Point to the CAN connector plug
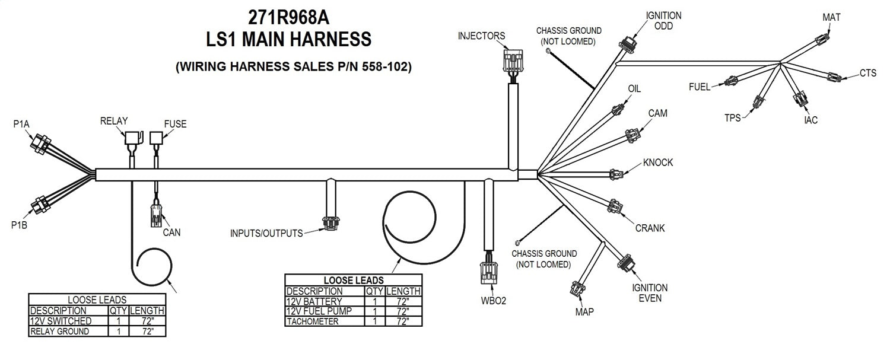[x=155, y=216]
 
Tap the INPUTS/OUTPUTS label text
[x=266, y=233]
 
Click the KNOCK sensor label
[x=658, y=163]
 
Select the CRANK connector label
[x=650, y=228]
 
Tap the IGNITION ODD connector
[x=628, y=44]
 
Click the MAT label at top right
[x=831, y=17]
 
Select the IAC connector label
[x=810, y=120]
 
